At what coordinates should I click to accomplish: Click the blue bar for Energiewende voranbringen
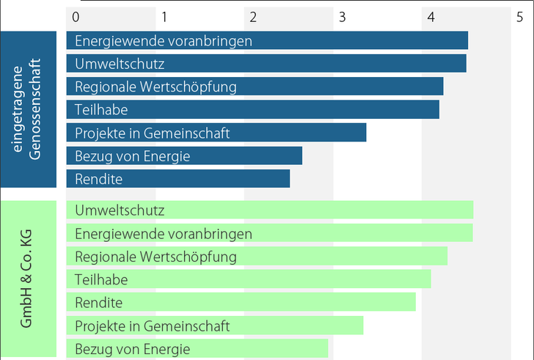[267, 41]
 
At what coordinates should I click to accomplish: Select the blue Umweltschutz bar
[266, 64]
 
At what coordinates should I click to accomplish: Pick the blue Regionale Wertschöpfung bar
[255, 87]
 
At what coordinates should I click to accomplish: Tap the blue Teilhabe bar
[252, 110]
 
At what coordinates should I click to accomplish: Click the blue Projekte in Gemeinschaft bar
[216, 133]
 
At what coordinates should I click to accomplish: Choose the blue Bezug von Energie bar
[184, 155]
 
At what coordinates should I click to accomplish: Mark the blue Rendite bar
[178, 179]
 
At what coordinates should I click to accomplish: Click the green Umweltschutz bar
[269, 210]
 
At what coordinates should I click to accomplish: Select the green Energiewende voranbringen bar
[269, 233]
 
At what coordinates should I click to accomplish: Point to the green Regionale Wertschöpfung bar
[257, 257]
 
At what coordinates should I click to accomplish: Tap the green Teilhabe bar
[249, 279]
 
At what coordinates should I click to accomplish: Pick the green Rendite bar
[241, 302]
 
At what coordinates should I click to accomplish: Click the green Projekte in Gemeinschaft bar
[215, 325]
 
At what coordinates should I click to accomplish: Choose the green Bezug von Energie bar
[197, 348]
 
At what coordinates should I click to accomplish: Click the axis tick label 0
[76, 16]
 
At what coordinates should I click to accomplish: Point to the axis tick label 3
[342, 16]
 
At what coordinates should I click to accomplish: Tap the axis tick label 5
[519, 16]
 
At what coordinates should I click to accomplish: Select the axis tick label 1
[165, 16]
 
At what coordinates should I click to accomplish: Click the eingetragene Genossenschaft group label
[29, 110]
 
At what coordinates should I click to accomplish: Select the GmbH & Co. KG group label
[29, 279]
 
